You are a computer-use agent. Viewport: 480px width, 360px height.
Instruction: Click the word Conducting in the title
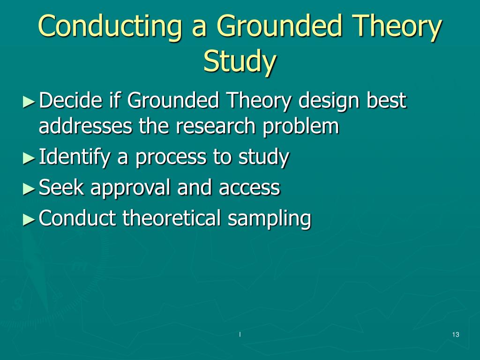click(x=111, y=26)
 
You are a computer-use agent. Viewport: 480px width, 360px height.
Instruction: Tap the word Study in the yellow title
click(x=240, y=61)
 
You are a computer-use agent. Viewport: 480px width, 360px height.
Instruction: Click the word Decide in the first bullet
click(x=70, y=100)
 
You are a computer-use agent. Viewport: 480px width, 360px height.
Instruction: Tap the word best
click(x=387, y=100)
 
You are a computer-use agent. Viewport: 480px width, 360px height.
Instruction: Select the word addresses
click(x=86, y=126)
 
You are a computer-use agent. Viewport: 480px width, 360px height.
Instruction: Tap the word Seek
click(x=61, y=187)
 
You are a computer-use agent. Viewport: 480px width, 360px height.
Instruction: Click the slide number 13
click(x=456, y=334)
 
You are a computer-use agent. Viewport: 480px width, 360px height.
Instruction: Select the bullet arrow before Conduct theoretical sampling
click(x=29, y=219)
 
